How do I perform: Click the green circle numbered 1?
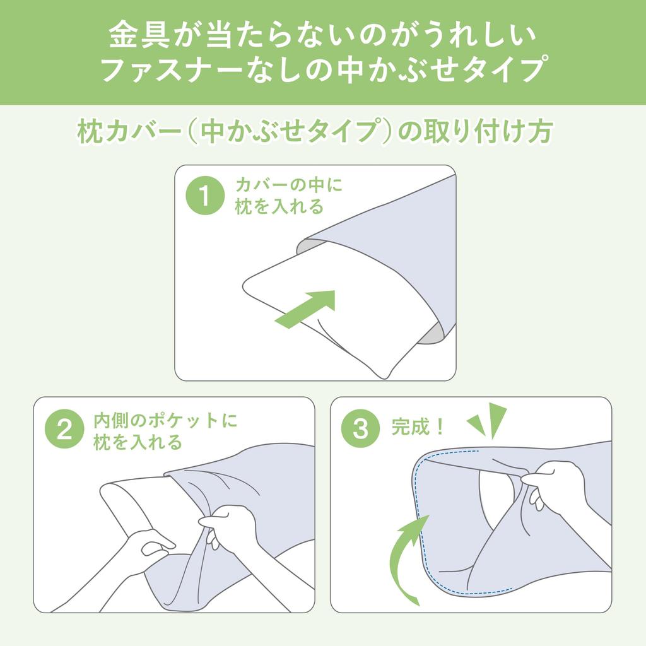point(205,196)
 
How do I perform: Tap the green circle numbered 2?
point(64,429)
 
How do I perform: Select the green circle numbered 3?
point(360,428)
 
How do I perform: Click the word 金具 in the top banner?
point(139,35)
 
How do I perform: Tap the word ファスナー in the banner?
point(171,69)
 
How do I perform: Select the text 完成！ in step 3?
point(418,427)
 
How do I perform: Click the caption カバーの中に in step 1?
point(289,185)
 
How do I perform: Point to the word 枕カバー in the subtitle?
point(130,132)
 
